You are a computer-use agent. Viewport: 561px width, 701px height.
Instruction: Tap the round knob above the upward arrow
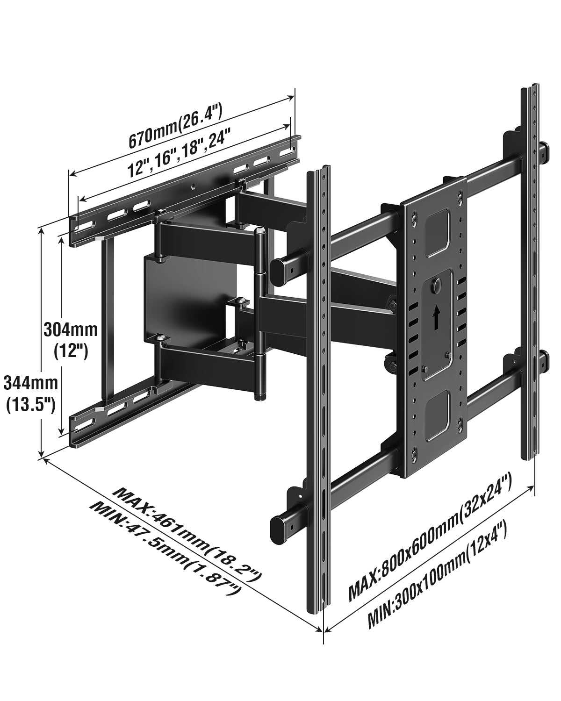coord(438,284)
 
